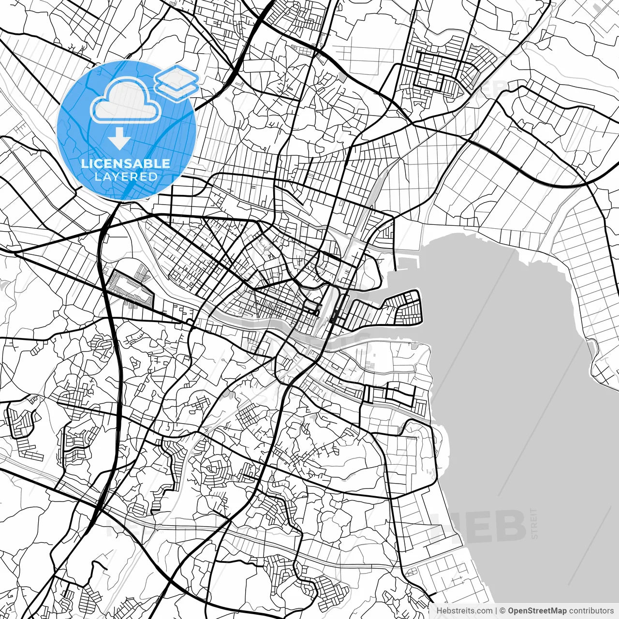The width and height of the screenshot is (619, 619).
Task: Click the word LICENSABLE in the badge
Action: coord(126,163)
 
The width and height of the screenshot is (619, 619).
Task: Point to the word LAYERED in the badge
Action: coord(126,177)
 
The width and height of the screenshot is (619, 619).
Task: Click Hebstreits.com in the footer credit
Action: coord(464,611)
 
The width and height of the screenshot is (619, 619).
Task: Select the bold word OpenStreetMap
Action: coord(537,611)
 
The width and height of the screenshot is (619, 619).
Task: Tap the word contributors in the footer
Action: coord(591,611)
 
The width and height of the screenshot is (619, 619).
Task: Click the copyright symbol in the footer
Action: coord(503,611)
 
